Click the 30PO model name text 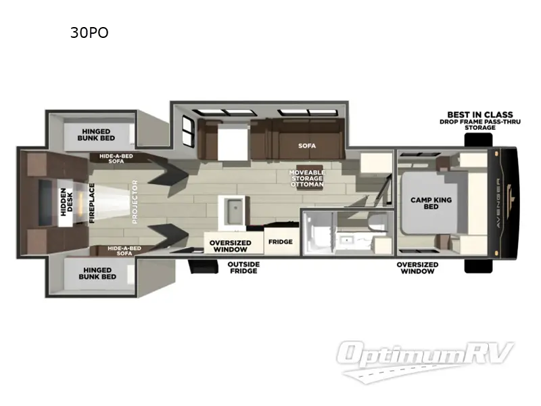[x=89, y=32]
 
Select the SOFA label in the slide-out [x=307, y=145]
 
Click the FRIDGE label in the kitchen [x=280, y=242]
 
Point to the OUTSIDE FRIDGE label [x=243, y=268]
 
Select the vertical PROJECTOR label [x=135, y=202]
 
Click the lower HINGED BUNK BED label [x=98, y=273]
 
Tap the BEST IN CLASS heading [x=479, y=114]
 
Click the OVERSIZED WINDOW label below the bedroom [x=417, y=268]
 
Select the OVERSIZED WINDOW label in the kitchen [x=230, y=246]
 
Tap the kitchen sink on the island [x=232, y=212]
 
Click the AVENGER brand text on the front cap [x=504, y=202]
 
